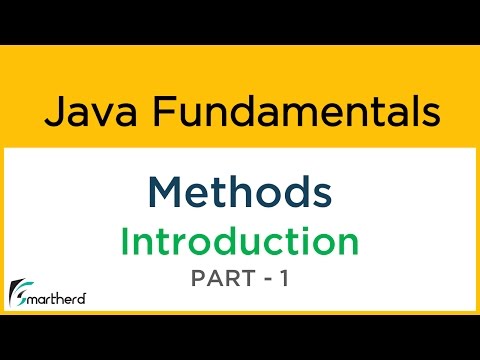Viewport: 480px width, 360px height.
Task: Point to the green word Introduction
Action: coord(240,242)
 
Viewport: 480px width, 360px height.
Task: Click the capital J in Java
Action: coord(52,110)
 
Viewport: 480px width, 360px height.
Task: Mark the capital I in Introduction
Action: coord(126,242)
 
